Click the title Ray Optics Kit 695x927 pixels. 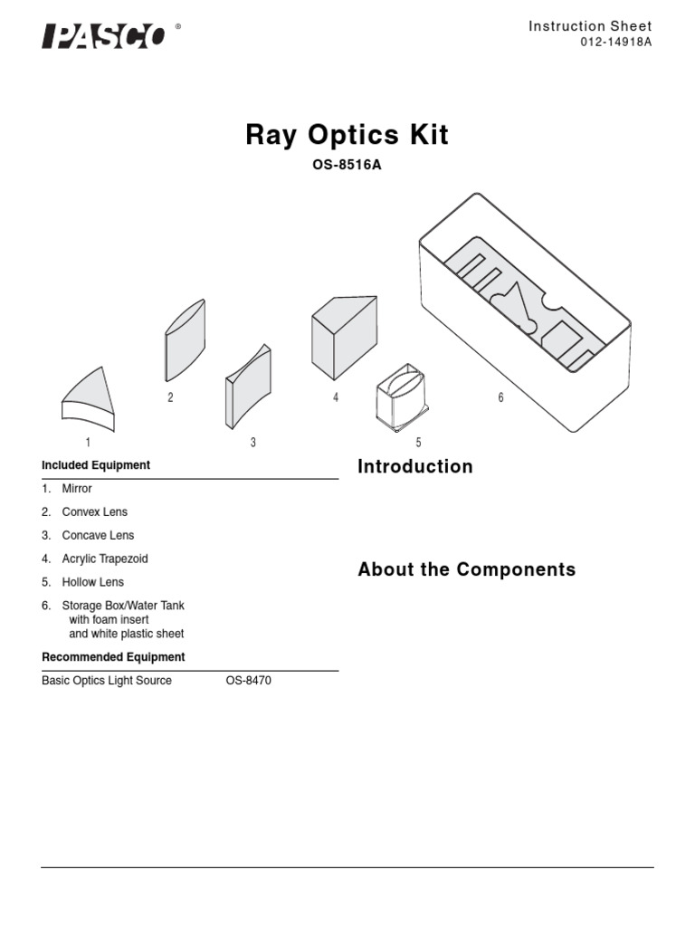[x=347, y=136]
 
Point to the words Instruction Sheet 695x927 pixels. [x=589, y=26]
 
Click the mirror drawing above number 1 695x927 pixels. [x=90, y=398]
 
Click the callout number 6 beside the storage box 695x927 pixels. [x=500, y=398]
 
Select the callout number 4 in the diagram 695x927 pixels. [x=336, y=398]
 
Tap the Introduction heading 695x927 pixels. [x=414, y=466]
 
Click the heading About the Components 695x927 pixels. [x=466, y=569]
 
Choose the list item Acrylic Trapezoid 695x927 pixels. [x=104, y=559]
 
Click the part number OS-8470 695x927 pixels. [x=248, y=681]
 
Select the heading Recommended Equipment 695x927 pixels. [x=113, y=657]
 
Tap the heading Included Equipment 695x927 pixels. [x=96, y=465]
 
